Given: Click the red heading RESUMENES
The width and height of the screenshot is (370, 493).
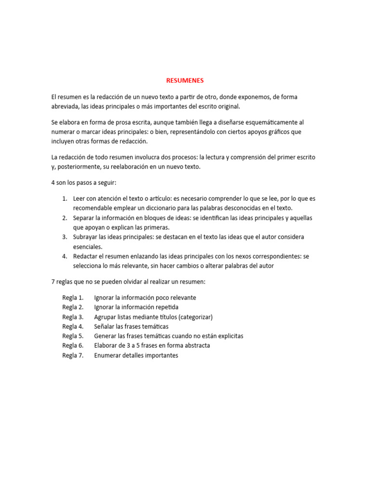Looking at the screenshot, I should (185, 80).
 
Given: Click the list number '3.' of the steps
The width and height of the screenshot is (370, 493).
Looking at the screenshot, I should (65, 237).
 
